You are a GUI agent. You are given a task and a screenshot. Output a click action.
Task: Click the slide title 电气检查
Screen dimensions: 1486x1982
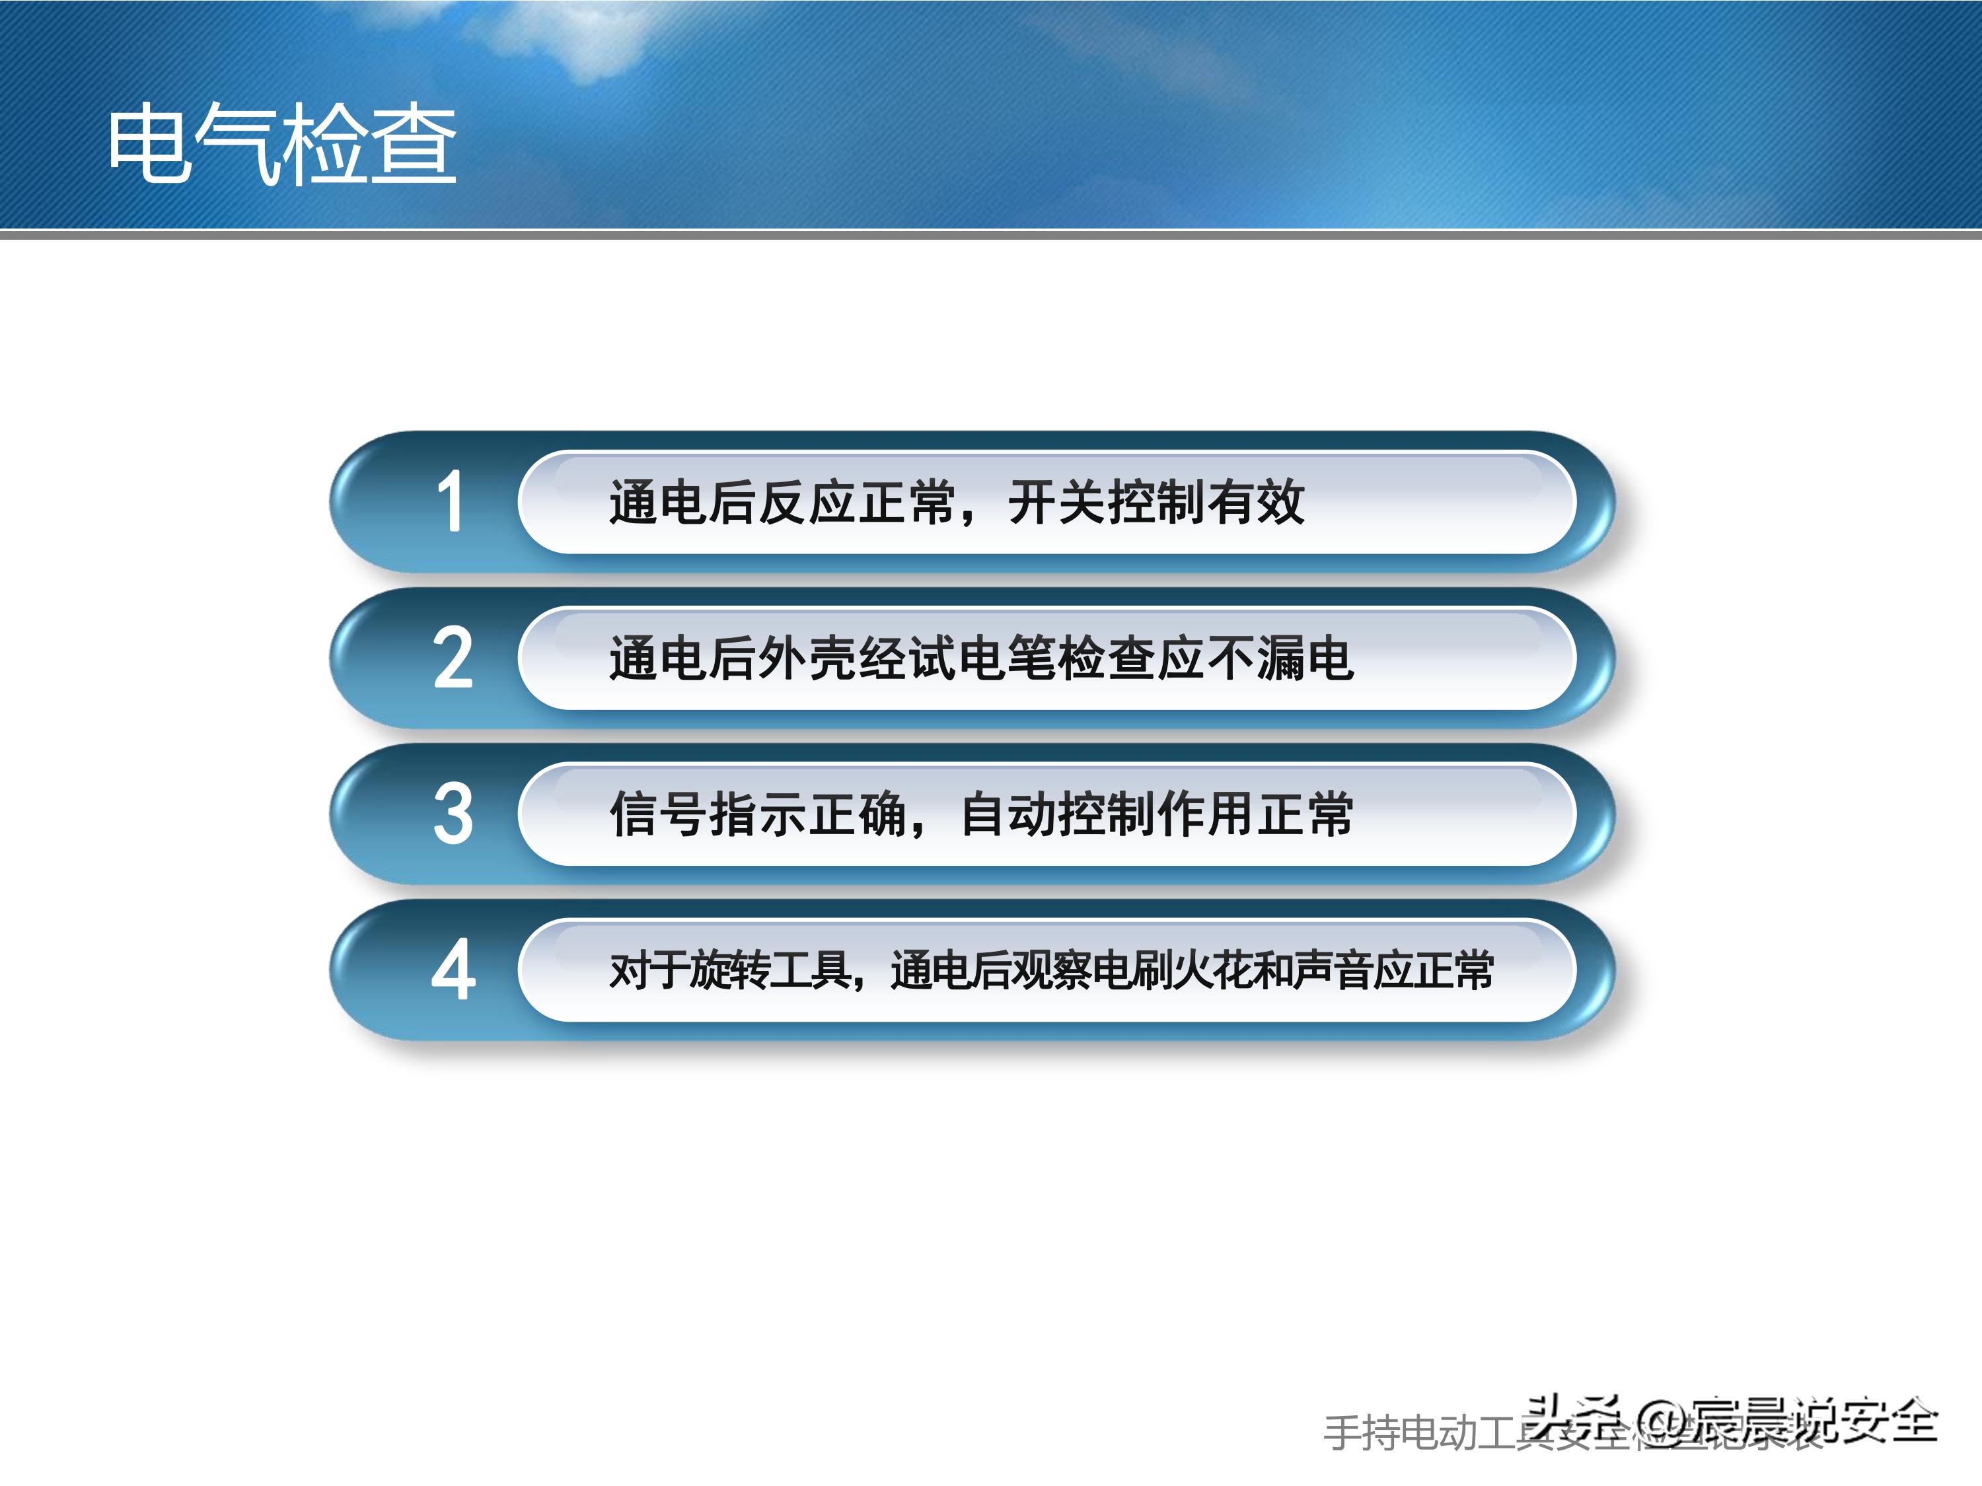coord(281,143)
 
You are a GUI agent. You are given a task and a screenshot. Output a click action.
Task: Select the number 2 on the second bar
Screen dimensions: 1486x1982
coord(453,659)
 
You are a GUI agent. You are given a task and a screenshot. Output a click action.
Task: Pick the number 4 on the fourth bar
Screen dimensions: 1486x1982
coord(453,971)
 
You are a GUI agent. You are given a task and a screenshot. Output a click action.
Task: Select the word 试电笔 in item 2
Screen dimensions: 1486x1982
coord(981,659)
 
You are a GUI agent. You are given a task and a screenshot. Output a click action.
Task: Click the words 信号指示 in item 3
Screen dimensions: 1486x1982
coord(708,815)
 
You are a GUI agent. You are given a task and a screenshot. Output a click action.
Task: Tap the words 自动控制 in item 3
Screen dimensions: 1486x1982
coord(1057,815)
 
